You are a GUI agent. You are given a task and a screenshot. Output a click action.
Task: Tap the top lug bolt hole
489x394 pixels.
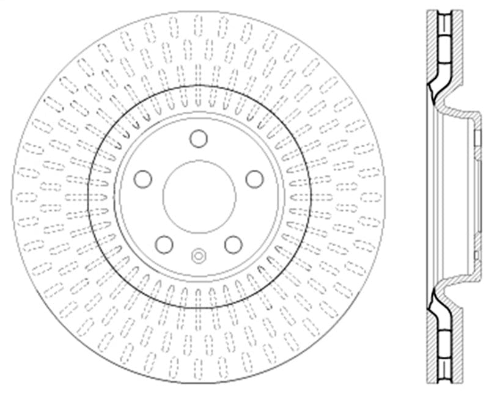199,139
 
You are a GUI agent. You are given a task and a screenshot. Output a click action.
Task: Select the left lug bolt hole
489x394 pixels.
143,179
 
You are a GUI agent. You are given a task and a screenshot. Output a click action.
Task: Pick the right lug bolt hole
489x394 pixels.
254,179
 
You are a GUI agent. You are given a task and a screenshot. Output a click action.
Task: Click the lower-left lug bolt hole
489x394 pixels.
164,244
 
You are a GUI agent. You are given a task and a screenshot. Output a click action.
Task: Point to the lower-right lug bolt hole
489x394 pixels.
233,244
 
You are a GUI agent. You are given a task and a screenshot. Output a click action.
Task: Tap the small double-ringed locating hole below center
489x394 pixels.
199,255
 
